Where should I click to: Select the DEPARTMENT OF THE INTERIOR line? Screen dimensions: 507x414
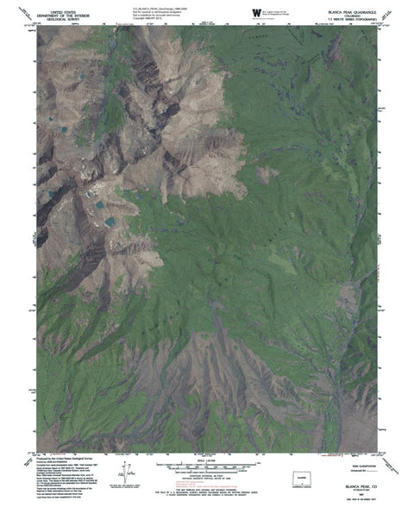point(72,11)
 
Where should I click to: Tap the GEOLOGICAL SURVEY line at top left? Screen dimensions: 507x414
point(72,16)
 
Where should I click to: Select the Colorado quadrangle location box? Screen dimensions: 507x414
point(307,473)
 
